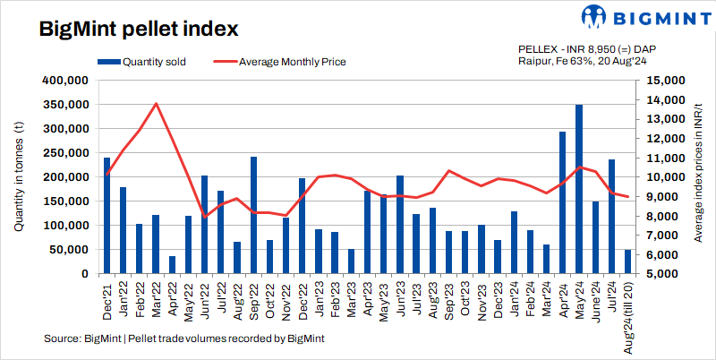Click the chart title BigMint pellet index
pos(138,29)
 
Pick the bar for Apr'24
pos(563,202)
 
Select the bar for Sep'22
pos(254,215)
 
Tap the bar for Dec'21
pos(107,216)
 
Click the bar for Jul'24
pos(611,217)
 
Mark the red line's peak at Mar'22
pos(157,103)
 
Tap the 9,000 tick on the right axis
pos(659,197)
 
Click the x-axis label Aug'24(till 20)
pos(627,316)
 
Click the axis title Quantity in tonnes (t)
pos(18,176)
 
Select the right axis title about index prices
pos(696,176)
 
